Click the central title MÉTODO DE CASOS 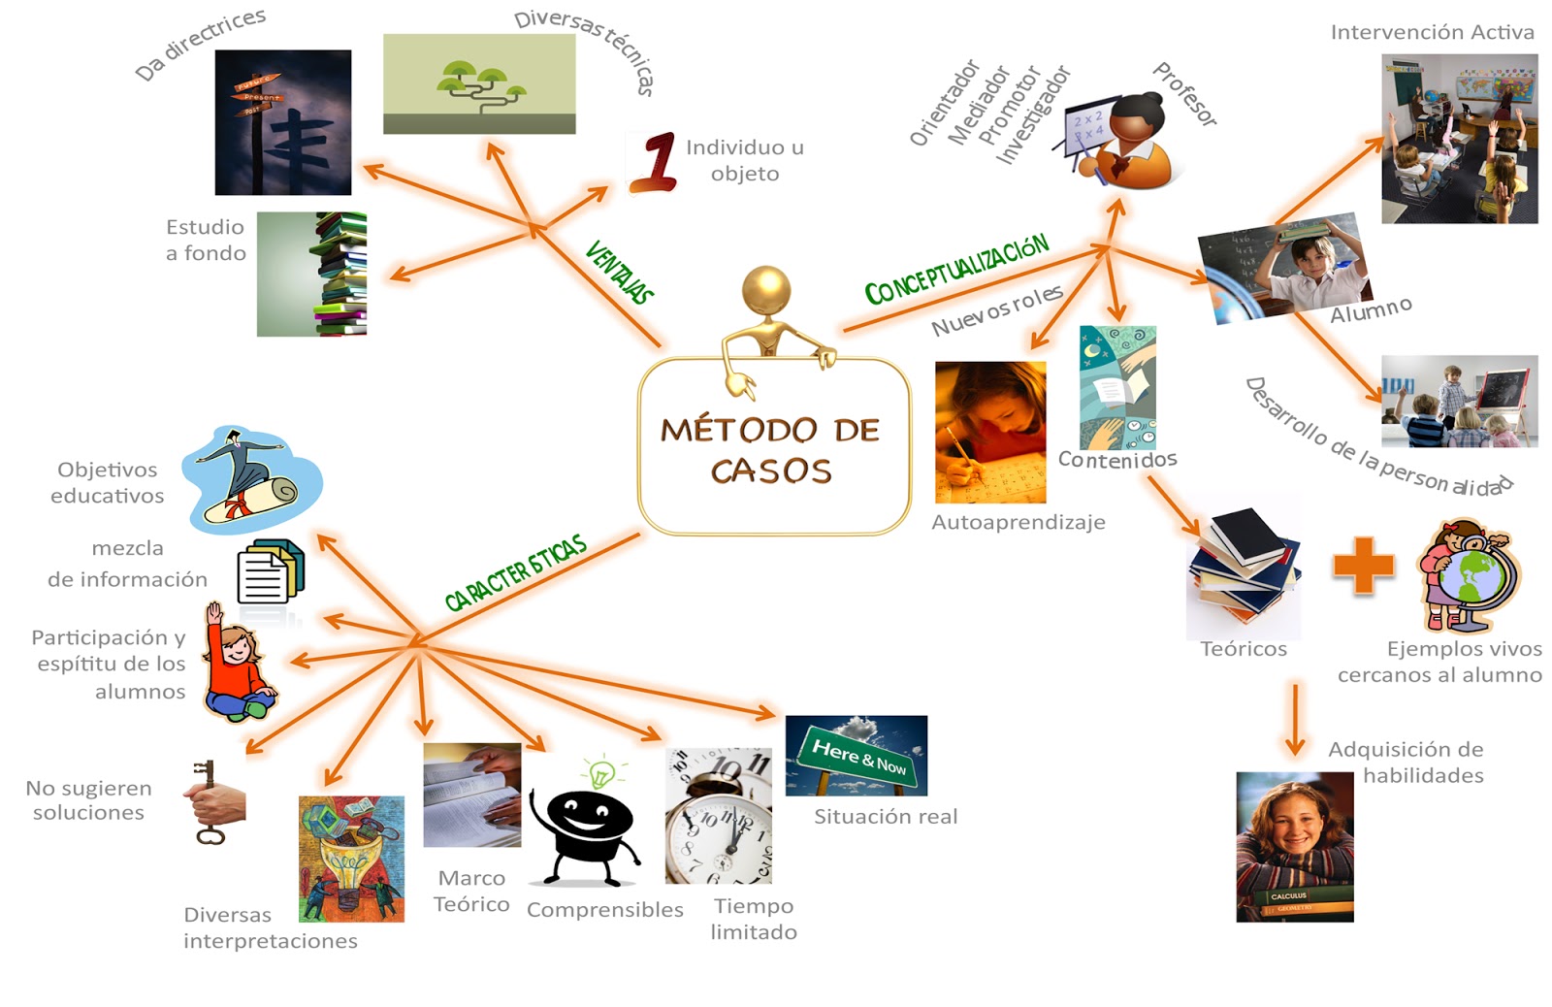771,450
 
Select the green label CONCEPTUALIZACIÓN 956,270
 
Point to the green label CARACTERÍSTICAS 515,572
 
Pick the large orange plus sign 1363,565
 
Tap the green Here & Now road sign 857,756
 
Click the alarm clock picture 719,815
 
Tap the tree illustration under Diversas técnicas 479,83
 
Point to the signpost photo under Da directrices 282,122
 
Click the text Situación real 886,817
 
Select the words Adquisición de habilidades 1406,763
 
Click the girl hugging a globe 1469,574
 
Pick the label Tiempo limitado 754,919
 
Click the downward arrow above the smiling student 1294,719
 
